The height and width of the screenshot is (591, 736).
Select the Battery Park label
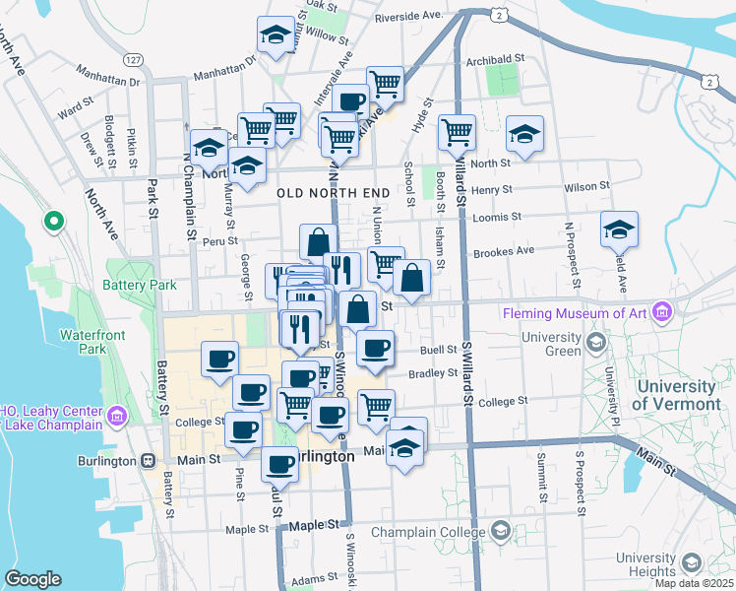click(139, 285)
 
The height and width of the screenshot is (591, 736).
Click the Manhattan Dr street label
click(223, 73)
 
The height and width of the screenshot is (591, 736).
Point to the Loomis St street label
click(495, 218)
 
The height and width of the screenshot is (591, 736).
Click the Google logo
click(32, 579)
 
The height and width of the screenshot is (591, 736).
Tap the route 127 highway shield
click(134, 61)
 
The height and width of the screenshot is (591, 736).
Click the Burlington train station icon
click(149, 460)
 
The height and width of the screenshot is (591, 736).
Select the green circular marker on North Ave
click(54, 222)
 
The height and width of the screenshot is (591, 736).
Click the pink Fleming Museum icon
click(662, 313)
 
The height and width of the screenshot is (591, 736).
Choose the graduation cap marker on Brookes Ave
click(619, 230)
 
